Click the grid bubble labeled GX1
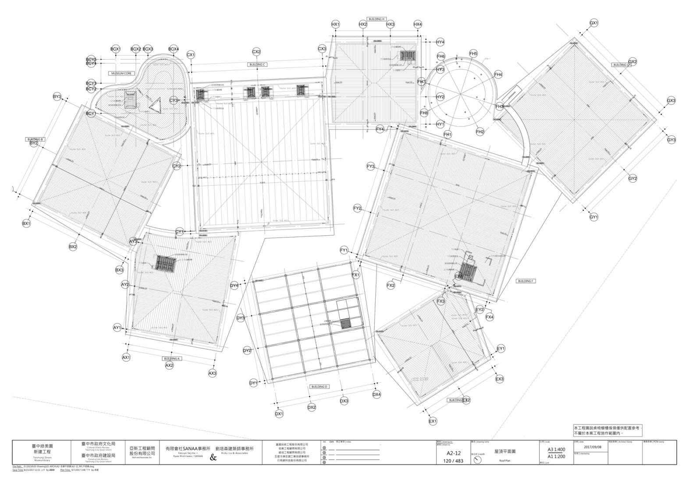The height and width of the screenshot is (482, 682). [x=594, y=23]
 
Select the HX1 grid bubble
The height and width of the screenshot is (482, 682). [x=335, y=25]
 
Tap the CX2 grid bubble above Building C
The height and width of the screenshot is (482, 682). [x=256, y=52]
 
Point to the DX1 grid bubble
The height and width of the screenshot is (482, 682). [x=279, y=414]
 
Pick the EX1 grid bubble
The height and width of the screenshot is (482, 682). [x=433, y=421]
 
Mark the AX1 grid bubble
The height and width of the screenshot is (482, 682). [x=126, y=358]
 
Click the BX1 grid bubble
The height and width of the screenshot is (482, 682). [x=27, y=223]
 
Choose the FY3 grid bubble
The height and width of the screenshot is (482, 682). [x=371, y=167]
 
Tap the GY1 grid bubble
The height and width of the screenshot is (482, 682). [x=594, y=217]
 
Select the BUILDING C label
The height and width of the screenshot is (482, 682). [x=258, y=64]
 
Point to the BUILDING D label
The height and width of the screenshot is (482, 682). [x=320, y=386]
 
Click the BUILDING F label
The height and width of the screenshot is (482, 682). [x=526, y=281]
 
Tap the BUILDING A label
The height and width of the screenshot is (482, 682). [x=172, y=358]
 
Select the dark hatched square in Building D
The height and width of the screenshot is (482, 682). [x=346, y=324]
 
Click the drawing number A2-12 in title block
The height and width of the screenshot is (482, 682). [x=453, y=454]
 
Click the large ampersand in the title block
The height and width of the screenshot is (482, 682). [x=213, y=458]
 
